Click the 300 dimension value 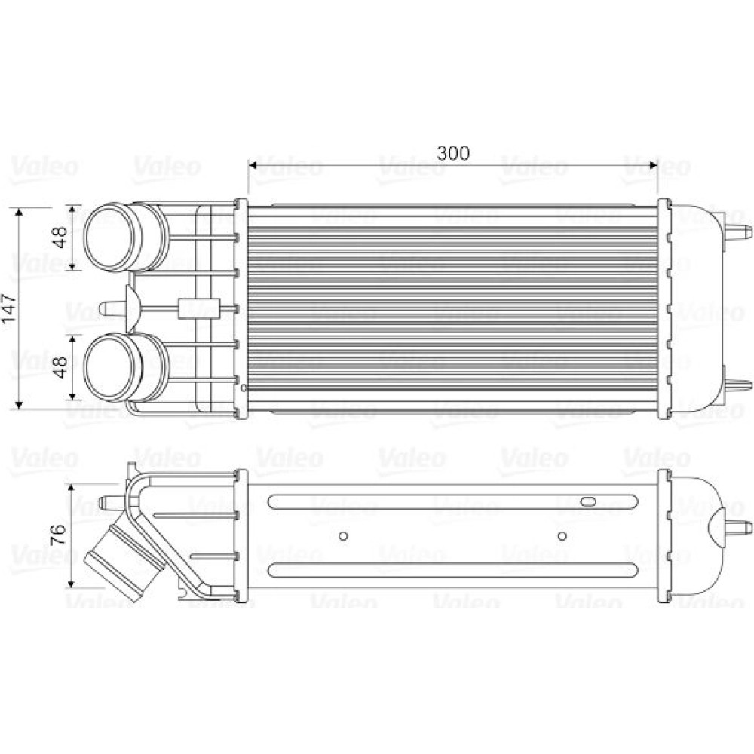point(452,153)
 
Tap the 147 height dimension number point(9,308)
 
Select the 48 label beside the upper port point(60,237)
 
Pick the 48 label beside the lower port point(60,367)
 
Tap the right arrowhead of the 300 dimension point(651,166)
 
